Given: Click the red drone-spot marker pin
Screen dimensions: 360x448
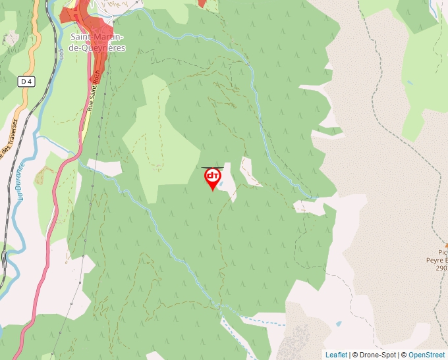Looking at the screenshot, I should [212, 178].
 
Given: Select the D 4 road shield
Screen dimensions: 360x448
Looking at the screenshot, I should [26, 82].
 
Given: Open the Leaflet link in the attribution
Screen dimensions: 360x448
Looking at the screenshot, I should [336, 355].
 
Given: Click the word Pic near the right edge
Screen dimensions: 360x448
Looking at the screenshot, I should [442, 252].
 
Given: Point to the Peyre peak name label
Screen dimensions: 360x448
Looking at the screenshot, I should [436, 260].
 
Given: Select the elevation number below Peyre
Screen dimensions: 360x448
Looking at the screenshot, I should [441, 268].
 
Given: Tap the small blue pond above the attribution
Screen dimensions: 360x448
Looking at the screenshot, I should [339, 324].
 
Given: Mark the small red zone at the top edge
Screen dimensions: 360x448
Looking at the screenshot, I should [202, 3].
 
